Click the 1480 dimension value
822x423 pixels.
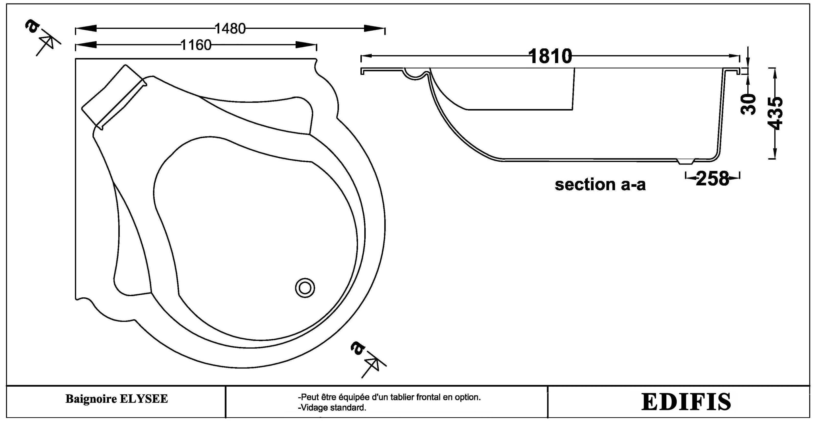click(x=230, y=29)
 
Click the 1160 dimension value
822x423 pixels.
click(x=196, y=45)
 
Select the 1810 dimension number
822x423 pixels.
click(x=550, y=56)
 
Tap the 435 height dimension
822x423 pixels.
click(x=776, y=113)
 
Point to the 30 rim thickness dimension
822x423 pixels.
click(x=748, y=104)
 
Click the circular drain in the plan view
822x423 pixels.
click(x=305, y=288)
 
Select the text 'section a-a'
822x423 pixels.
click(x=600, y=185)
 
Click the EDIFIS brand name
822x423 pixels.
click(x=686, y=402)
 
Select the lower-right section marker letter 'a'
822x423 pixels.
click(x=357, y=348)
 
